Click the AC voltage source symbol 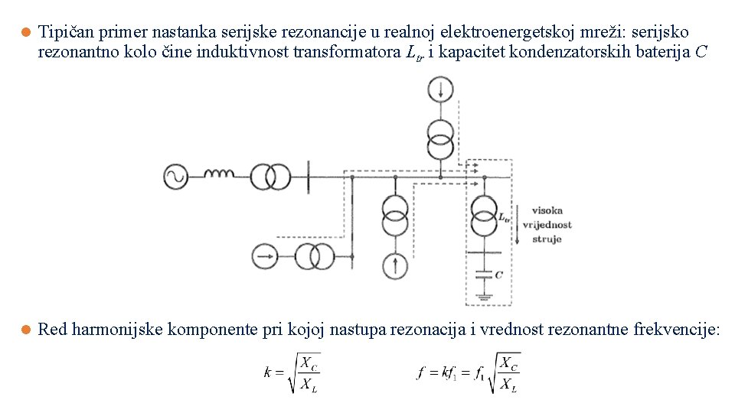(175, 177)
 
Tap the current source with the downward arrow (440, 89)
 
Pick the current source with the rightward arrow (265, 255)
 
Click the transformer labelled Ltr (483, 216)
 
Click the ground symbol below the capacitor (483, 295)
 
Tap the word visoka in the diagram (547, 210)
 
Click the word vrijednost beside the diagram (547, 225)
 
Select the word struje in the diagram (547, 239)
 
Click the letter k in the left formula (268, 373)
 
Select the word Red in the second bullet (51, 330)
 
